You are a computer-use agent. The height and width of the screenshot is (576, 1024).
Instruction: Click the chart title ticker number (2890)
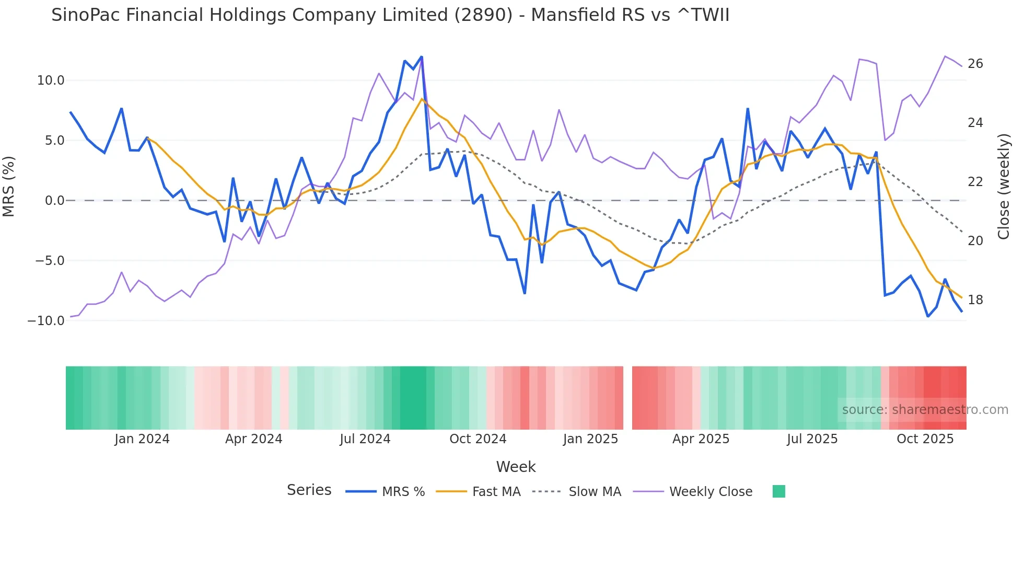(x=483, y=15)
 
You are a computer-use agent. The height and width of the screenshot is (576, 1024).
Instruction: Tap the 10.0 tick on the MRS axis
(x=50, y=80)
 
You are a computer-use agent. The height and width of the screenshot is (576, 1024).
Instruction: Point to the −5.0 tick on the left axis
(x=49, y=261)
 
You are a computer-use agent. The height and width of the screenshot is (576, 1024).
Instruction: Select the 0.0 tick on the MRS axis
(x=54, y=201)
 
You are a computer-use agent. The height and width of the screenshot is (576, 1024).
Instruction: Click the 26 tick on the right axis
(x=975, y=64)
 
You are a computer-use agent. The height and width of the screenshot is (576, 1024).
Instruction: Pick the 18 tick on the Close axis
(x=975, y=300)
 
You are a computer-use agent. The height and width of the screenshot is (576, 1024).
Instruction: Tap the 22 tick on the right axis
(x=975, y=182)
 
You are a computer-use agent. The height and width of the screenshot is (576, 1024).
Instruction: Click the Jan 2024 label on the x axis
(x=142, y=439)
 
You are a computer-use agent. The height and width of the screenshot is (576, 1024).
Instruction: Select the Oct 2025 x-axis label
(x=925, y=439)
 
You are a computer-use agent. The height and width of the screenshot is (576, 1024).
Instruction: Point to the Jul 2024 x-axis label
(x=365, y=439)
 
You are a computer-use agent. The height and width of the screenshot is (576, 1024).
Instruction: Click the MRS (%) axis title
(x=9, y=186)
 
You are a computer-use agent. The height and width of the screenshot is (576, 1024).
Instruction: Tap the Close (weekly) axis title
(x=1004, y=186)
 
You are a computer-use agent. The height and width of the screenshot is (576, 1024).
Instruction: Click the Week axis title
(x=516, y=467)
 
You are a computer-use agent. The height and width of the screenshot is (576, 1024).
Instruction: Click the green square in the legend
(x=778, y=491)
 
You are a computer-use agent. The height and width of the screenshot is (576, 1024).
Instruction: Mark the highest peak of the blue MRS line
(x=422, y=57)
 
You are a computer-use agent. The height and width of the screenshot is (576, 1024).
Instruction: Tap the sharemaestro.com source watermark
(x=925, y=410)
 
